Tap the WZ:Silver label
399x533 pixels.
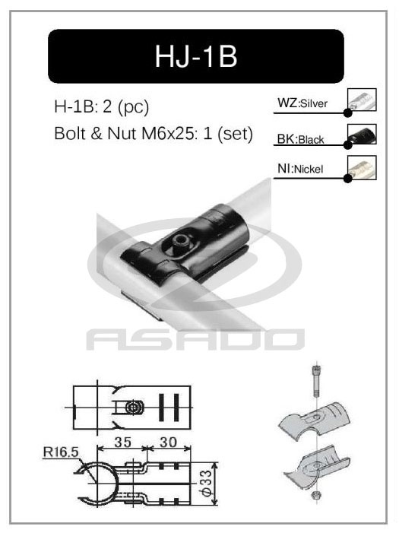(x=303, y=103)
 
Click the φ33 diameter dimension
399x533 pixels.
(x=226, y=484)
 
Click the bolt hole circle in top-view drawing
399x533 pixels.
(x=134, y=408)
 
